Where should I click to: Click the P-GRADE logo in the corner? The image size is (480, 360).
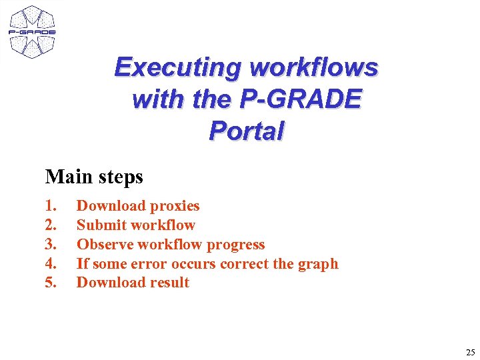31,31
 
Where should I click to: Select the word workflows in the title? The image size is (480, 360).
314,67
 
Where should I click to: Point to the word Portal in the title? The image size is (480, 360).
246,131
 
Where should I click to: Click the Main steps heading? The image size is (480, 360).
94,177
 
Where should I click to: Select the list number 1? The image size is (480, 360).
51,206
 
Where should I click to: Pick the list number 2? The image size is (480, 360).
51,225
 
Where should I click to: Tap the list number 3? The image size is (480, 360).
51,245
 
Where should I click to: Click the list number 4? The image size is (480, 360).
51,263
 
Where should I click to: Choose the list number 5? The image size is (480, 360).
51,282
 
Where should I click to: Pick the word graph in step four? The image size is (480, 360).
317,265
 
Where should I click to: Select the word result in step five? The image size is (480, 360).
169,282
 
